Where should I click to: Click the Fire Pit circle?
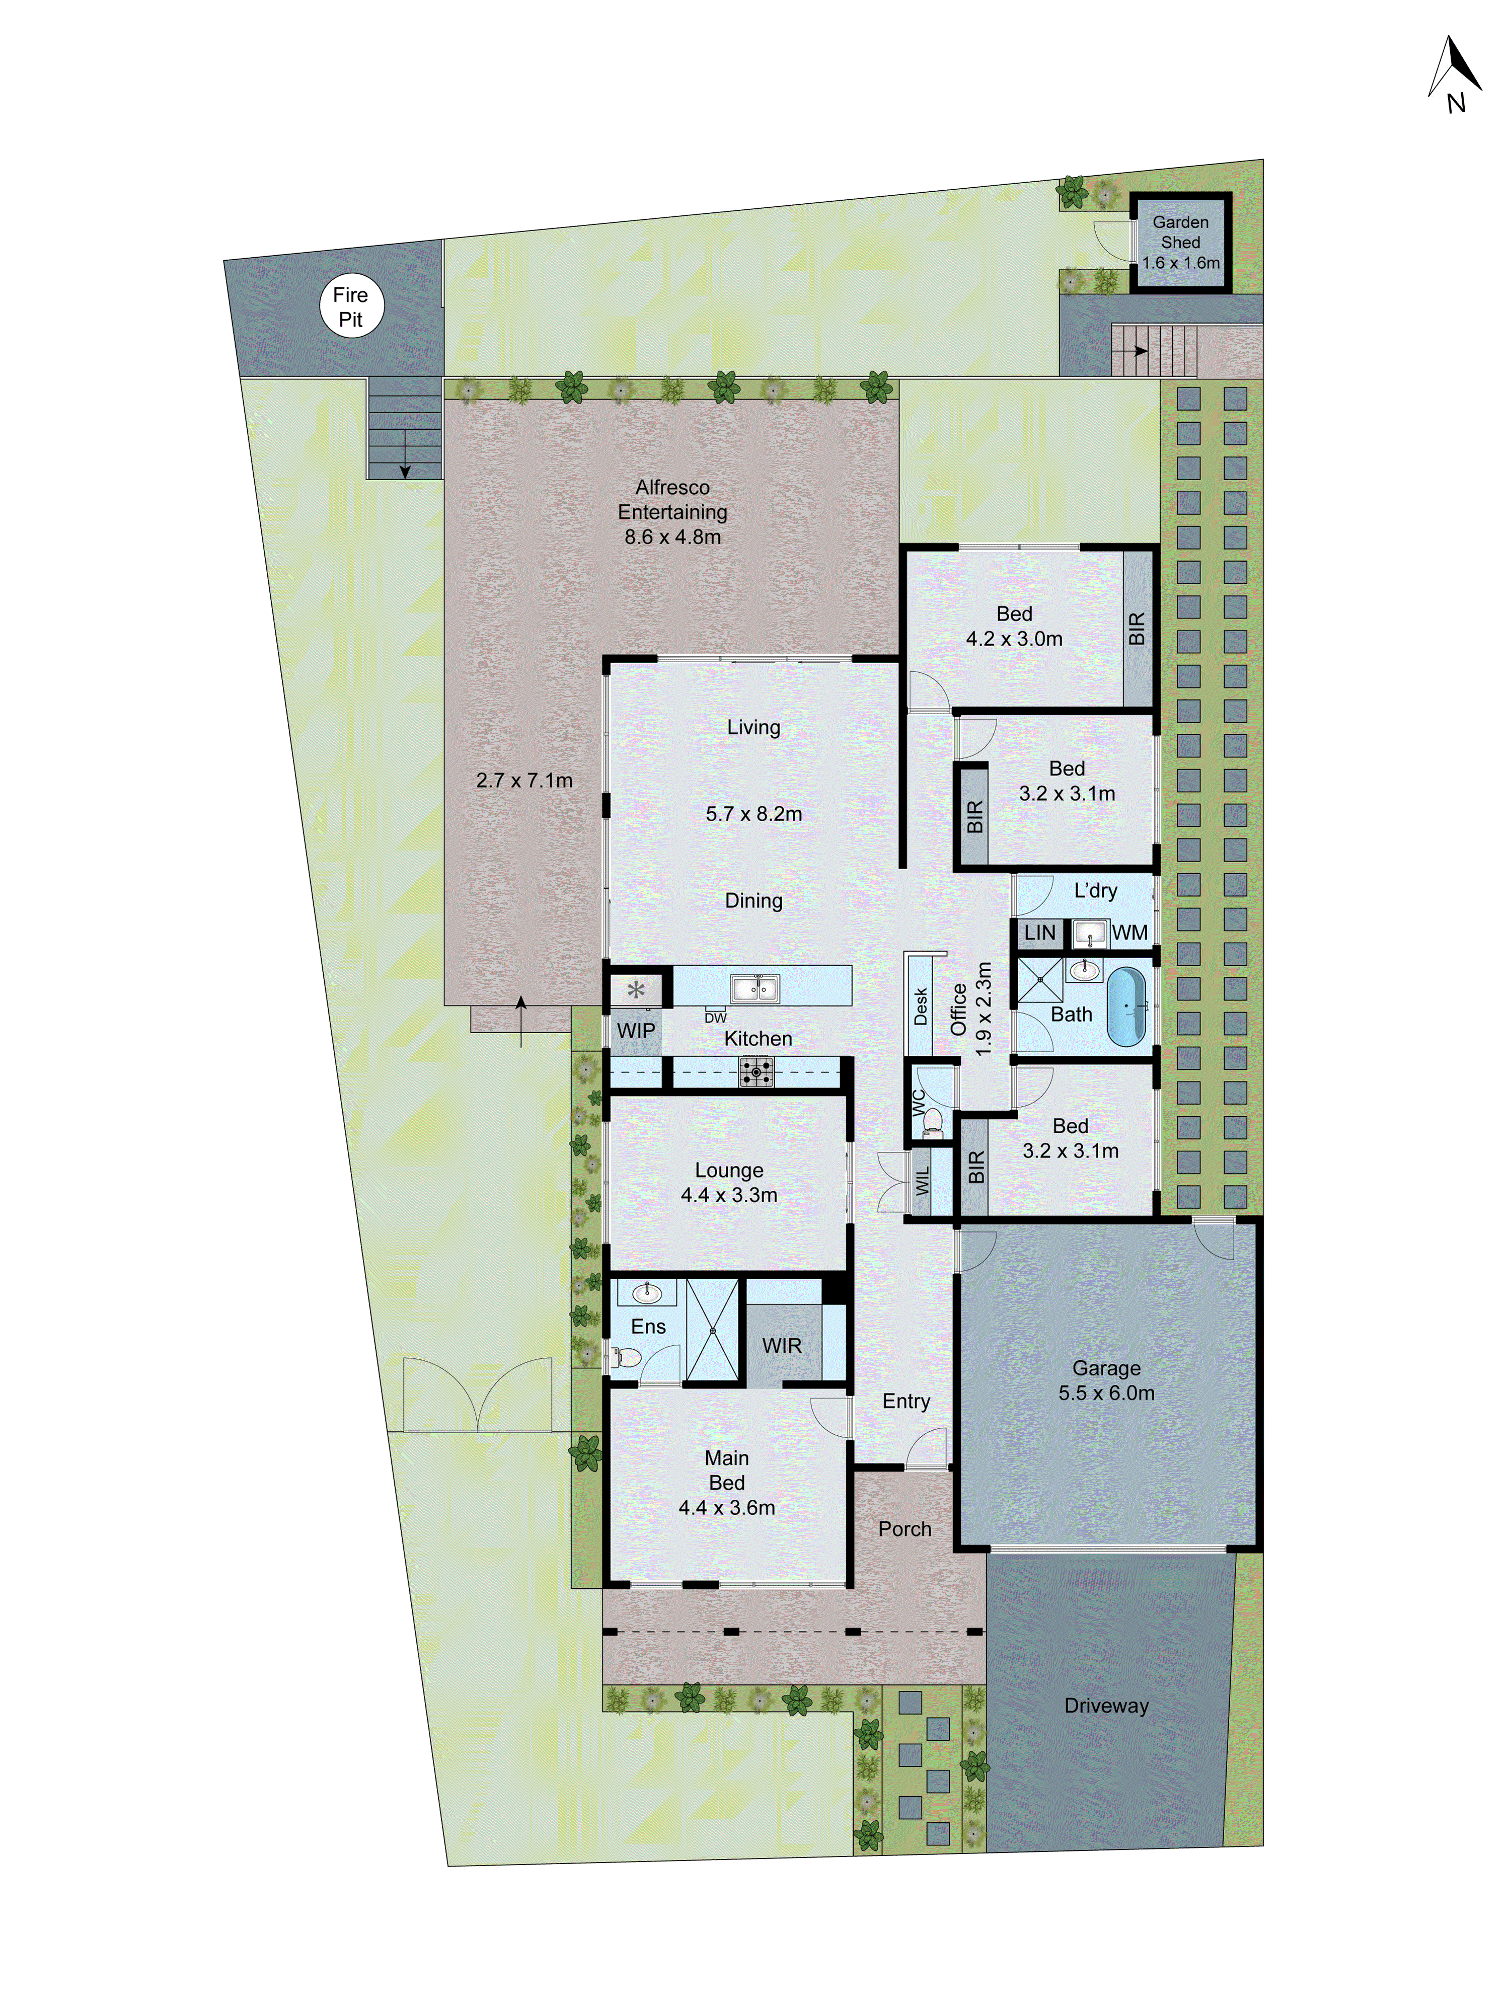coord(351,306)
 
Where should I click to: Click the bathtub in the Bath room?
coord(1126,1006)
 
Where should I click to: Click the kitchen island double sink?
coord(754,987)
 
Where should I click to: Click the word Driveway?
coord(1106,1706)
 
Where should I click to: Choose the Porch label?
coord(904,1529)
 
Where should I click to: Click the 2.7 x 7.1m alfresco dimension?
coord(524,780)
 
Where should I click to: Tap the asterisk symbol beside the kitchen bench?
coord(635,989)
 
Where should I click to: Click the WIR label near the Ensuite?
coord(782,1345)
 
